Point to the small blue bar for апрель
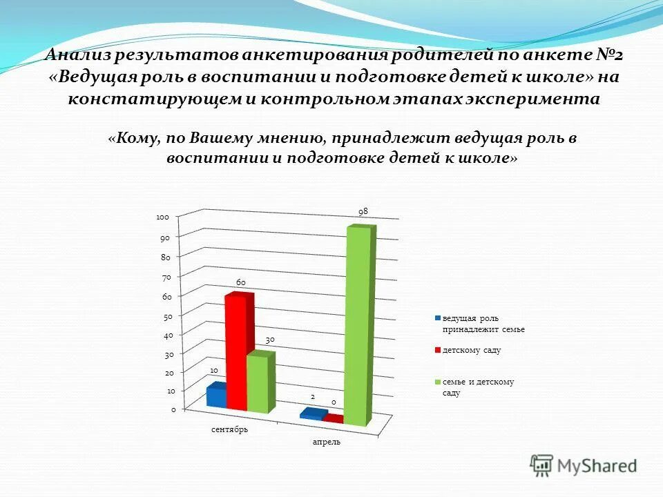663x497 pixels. coord(311,413)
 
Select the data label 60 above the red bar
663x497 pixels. coord(241,282)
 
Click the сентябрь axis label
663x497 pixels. coord(230,429)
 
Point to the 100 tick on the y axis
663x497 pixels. coord(163,217)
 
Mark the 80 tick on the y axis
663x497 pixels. coord(165,257)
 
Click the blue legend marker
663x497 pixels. coord(438,318)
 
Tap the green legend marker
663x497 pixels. coord(438,382)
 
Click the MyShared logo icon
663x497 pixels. coord(542,465)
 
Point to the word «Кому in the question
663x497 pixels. coord(134,138)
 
